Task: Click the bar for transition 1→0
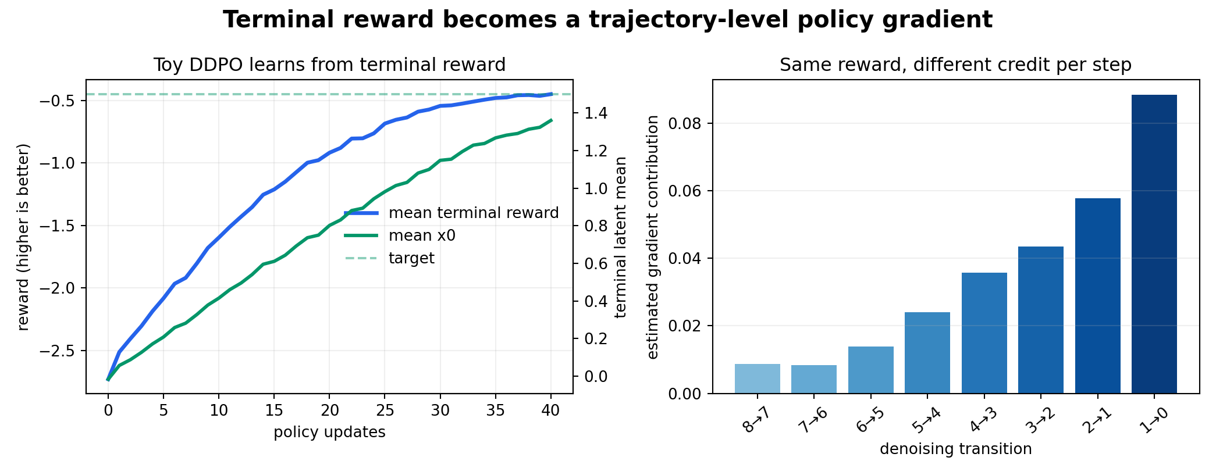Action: click(1154, 244)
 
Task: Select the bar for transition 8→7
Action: click(757, 378)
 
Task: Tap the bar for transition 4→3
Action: click(984, 333)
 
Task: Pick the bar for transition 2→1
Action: click(1097, 296)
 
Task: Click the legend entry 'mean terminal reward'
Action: click(451, 213)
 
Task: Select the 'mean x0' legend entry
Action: click(400, 235)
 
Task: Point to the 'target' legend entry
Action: click(390, 258)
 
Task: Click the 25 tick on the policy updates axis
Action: click(385, 411)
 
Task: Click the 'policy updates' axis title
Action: click(329, 432)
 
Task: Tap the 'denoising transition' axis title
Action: click(956, 449)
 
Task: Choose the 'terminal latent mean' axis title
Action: click(621, 237)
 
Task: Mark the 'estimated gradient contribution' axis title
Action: click(653, 237)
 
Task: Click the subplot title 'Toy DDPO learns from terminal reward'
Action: click(329, 65)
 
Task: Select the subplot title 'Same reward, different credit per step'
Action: click(955, 65)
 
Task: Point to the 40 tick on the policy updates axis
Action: click(550, 411)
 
